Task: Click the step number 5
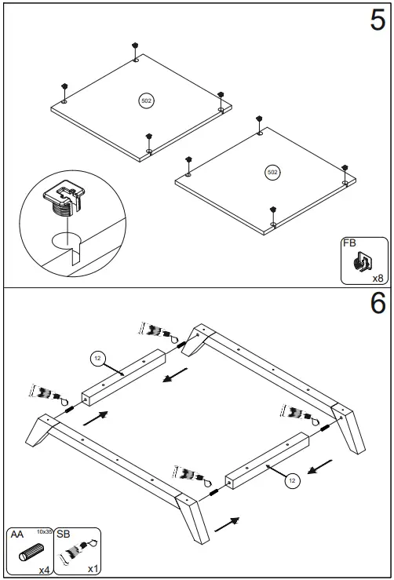click(x=377, y=21)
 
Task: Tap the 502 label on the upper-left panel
click(x=146, y=100)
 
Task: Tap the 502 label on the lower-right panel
click(x=272, y=172)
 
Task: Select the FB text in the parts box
click(x=349, y=244)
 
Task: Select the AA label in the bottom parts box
click(x=15, y=534)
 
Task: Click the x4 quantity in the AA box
click(x=44, y=569)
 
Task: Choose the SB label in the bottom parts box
click(x=64, y=534)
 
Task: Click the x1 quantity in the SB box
click(x=92, y=569)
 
